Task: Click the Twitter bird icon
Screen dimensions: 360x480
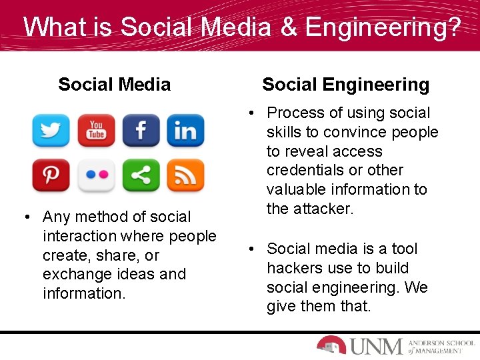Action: [51, 131]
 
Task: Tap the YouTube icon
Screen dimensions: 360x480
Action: [96, 131]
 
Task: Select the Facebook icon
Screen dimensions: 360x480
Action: [141, 131]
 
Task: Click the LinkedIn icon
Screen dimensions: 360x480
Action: [185, 131]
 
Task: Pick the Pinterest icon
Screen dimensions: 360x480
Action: [51, 176]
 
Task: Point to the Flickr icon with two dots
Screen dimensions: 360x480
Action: [96, 176]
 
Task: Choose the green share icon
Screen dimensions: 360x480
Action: [141, 176]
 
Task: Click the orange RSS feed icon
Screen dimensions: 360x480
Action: [185, 176]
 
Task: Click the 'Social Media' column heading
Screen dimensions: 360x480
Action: [114, 85]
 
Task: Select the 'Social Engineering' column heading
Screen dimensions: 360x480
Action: [345, 85]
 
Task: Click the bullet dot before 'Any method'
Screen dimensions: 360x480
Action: [25, 217]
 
